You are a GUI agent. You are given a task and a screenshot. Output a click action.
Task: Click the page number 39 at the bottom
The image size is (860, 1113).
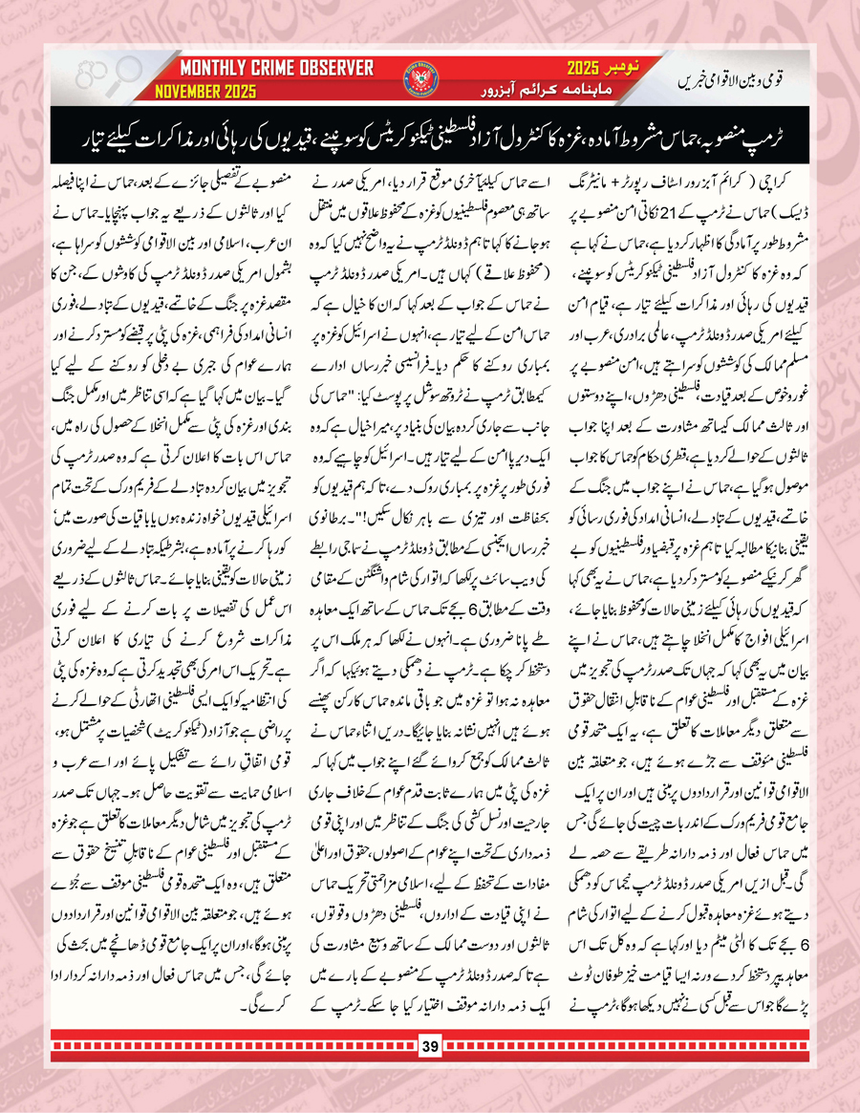(x=430, y=1074)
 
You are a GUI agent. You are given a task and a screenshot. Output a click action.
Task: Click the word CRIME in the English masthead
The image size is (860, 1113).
(x=273, y=69)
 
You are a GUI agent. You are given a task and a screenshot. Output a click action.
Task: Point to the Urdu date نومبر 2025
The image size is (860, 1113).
(x=593, y=69)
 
